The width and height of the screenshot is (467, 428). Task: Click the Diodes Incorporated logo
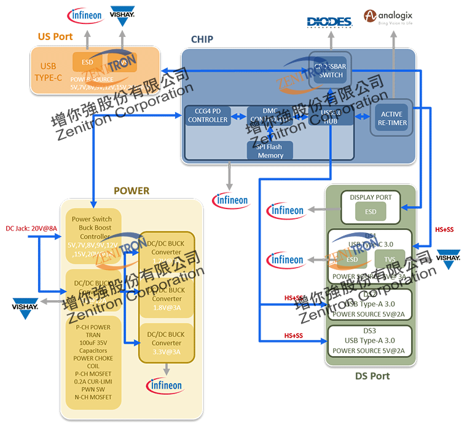coord(330,22)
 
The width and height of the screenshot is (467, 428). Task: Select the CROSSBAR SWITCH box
coord(330,70)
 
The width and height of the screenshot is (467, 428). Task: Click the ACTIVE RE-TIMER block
coord(391,118)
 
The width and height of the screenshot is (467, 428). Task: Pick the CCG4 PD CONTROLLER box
coord(208,115)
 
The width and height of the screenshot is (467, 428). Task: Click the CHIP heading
coord(202,39)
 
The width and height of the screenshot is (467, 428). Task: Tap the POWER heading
coord(131,191)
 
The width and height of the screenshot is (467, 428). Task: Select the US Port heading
coord(55,36)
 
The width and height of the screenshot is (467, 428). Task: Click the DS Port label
coord(372,376)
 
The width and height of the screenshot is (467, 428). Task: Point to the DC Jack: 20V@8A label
coord(31,229)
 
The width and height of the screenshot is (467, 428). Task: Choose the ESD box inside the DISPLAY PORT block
coord(371,212)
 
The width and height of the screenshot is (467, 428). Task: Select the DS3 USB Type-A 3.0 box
coord(369,341)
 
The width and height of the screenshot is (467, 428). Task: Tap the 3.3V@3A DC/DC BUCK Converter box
coord(167,343)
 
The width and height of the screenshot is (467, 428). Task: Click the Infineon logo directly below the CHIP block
coord(230,200)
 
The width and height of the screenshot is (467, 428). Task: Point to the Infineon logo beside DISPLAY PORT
coord(285,210)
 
